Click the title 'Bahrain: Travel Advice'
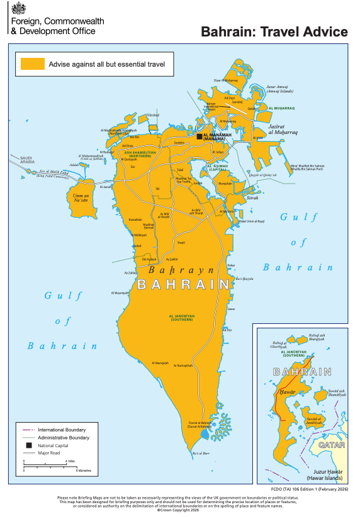pyautogui.click(x=274, y=32)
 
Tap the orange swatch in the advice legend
pyautogui.click(x=33, y=64)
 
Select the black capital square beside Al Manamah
pyautogui.click(x=200, y=136)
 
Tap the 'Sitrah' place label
pyautogui.click(x=252, y=197)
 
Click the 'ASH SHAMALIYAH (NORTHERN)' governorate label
pyautogui.click(x=137, y=153)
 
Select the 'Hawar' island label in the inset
pyautogui.click(x=283, y=392)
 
